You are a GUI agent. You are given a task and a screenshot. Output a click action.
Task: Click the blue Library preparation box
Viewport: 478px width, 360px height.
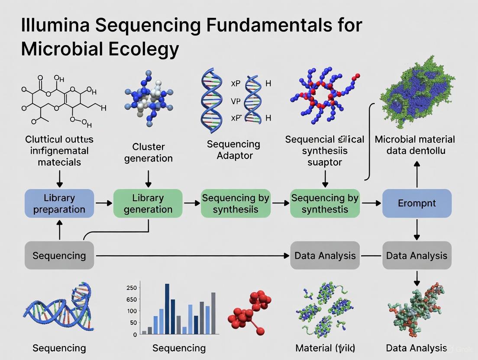59,203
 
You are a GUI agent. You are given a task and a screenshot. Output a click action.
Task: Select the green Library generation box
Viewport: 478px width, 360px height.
148,203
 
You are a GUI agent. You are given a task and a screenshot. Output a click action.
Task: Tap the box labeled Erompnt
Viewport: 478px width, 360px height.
417,203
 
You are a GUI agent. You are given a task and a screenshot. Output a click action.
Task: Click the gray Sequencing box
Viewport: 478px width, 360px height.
59,256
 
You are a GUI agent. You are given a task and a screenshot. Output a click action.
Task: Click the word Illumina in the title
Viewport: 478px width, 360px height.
55,26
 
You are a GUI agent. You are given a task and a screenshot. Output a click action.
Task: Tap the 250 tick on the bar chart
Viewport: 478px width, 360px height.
132,288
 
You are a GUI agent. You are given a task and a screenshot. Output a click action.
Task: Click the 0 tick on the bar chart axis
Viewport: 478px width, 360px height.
135,334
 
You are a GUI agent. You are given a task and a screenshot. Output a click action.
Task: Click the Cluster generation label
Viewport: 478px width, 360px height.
148,153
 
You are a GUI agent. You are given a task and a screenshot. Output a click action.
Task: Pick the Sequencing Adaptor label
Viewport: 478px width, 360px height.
233,150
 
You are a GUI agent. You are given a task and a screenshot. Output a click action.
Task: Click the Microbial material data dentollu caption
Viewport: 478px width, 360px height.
415,145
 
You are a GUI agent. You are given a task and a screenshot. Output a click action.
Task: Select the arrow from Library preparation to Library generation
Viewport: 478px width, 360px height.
103,203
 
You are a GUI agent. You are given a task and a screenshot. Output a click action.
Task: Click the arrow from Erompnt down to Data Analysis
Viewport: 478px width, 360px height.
417,229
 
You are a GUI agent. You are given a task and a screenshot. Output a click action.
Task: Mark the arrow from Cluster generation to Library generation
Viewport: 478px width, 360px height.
149,178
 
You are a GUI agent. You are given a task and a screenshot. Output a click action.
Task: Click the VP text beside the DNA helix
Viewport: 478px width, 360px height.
235,101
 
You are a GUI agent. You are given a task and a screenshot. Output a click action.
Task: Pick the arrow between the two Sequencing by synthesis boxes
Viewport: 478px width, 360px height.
280,203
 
